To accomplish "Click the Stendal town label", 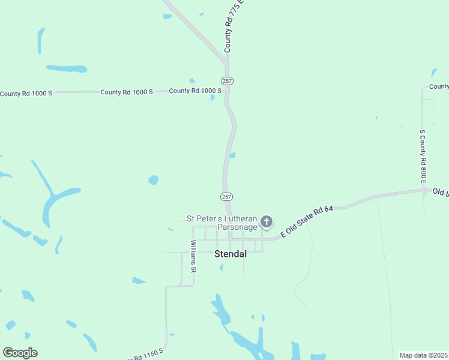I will (231, 254).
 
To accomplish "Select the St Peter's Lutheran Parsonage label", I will (221, 223).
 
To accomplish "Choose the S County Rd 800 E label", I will (423, 156).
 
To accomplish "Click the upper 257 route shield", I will (227, 80).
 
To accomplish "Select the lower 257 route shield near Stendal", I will (226, 197).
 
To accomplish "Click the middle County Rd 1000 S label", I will (127, 92).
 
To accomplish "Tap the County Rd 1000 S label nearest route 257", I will (195, 91).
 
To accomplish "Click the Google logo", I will (20, 353).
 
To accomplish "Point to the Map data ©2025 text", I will (423, 355).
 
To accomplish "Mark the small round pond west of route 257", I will (154, 179).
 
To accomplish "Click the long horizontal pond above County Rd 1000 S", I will (67, 68).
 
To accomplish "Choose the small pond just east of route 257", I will (232, 155).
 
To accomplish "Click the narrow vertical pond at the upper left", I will (41, 40).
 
